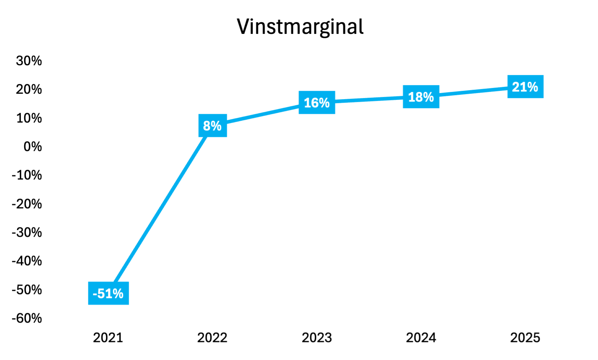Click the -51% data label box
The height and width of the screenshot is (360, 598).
(108, 293)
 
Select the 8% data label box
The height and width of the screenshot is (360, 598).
(213, 126)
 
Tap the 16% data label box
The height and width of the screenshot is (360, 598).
(317, 103)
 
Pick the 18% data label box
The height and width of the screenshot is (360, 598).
(421, 97)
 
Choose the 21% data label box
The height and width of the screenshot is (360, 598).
(525, 87)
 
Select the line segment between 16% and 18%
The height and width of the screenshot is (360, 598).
(369, 100)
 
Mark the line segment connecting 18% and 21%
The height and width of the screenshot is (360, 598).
(473, 92)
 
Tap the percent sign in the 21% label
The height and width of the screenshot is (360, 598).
(532, 87)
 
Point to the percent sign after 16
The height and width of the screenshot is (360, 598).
(324, 103)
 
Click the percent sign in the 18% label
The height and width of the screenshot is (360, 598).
(428, 97)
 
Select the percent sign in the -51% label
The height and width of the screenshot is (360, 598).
(118, 294)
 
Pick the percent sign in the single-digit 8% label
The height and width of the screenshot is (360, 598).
(217, 126)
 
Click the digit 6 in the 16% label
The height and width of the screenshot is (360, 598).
(315, 103)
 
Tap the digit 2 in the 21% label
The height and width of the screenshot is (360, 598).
(516, 87)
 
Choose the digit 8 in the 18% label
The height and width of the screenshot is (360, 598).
(419, 97)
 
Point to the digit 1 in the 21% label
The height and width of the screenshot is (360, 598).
(523, 87)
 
